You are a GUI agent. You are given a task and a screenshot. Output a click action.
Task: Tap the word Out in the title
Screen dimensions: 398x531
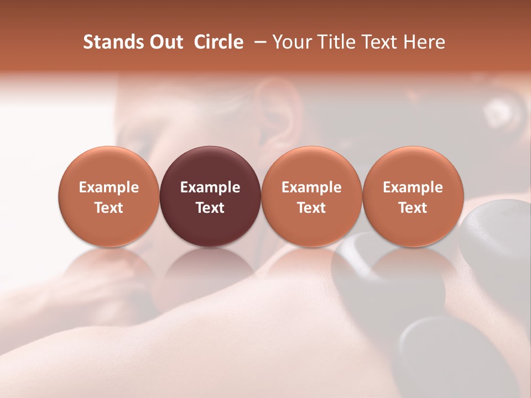click(x=165, y=42)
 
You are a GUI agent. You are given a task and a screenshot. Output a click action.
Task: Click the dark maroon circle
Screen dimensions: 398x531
click(x=210, y=196)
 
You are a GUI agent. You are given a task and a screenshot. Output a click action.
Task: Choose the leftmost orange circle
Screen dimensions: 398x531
click(x=109, y=196)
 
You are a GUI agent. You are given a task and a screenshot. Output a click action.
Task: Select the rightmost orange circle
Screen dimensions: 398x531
click(x=413, y=196)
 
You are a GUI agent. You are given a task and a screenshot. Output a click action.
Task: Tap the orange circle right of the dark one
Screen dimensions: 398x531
click(x=311, y=196)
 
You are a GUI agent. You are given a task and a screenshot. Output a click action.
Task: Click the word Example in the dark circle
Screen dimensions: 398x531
click(x=210, y=187)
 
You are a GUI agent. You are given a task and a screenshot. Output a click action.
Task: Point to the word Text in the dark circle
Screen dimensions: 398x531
click(x=210, y=208)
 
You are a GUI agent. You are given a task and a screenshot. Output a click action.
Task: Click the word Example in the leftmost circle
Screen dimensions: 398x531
click(x=109, y=187)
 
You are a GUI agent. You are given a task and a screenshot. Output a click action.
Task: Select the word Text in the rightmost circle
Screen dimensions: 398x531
click(x=413, y=208)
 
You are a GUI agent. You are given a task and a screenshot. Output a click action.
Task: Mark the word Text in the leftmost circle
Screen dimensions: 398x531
click(x=109, y=208)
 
